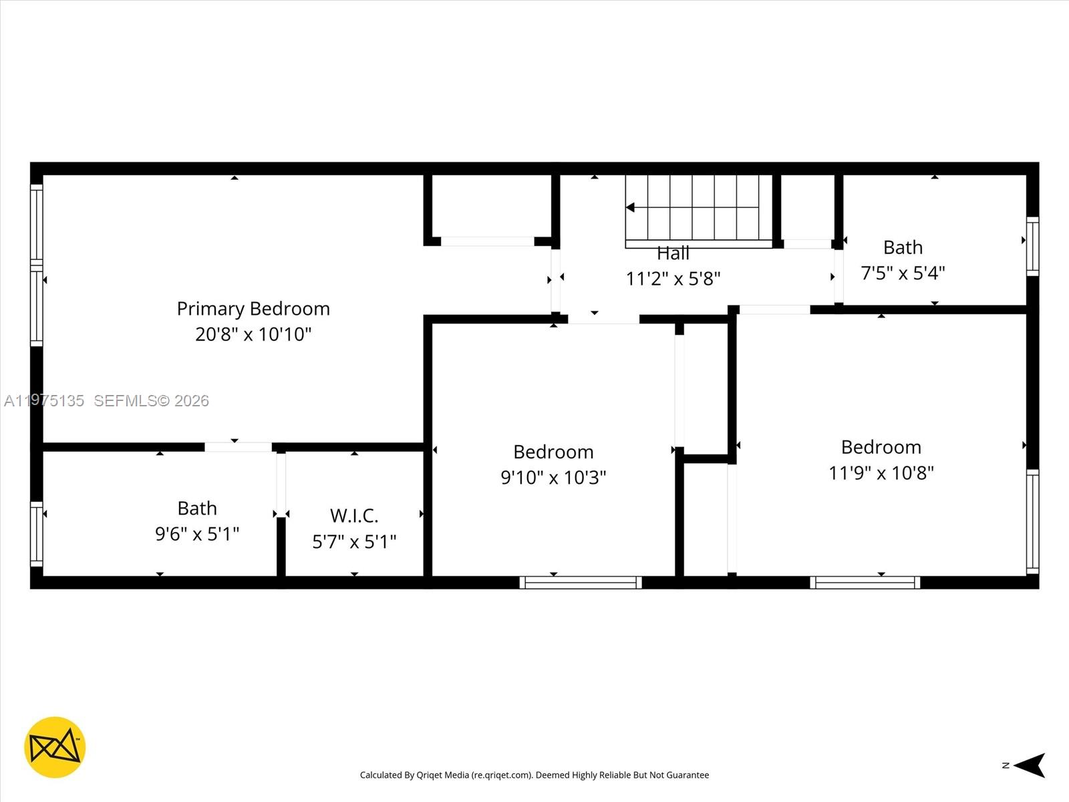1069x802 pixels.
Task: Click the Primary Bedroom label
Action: [x=253, y=309]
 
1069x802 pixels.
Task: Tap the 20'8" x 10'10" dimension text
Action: [x=253, y=334]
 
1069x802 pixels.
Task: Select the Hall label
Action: [x=673, y=253]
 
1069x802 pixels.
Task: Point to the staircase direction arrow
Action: [x=631, y=208]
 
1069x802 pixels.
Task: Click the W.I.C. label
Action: [x=354, y=516]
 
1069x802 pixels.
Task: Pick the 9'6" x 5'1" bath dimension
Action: [x=197, y=534]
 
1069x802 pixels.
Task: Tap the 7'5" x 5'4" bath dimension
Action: [x=903, y=273]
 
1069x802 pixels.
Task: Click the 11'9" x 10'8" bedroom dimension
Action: [x=881, y=473]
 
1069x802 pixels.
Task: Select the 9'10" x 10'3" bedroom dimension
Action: [x=553, y=478]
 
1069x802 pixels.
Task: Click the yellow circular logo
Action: [x=55, y=747]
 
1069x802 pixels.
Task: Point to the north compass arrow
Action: [x=1030, y=765]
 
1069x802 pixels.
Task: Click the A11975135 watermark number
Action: [x=44, y=401]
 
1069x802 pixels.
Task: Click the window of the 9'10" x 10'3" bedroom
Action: [x=581, y=583]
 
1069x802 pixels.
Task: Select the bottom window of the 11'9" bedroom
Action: [x=865, y=583]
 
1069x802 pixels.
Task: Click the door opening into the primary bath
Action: [x=238, y=447]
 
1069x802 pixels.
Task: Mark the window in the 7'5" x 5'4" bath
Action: [x=1032, y=246]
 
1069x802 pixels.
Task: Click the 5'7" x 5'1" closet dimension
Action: [x=354, y=541]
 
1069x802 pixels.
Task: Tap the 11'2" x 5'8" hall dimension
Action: [x=673, y=279]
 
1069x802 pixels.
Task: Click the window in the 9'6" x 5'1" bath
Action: [x=37, y=534]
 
